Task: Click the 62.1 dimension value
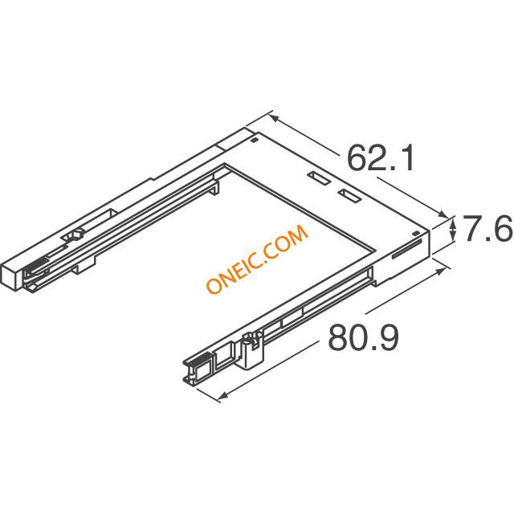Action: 380,158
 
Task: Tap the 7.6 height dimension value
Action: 487,228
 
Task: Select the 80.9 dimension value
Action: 364,337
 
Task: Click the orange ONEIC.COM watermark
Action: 257,259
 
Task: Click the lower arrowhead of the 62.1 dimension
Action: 443,214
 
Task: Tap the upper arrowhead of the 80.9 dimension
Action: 441,271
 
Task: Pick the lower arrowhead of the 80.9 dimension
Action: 223,396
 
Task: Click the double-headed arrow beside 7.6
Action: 453,229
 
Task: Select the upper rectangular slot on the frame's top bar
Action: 319,178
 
